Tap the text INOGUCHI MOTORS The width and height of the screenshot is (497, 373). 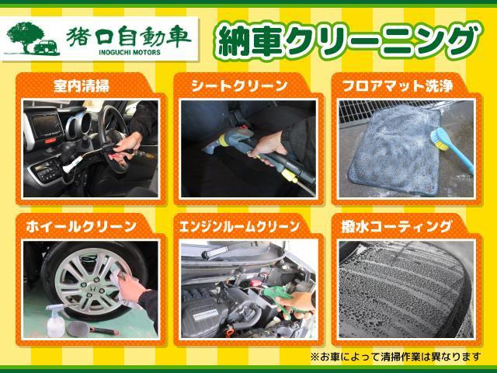[130, 52]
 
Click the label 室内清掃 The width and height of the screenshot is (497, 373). [81, 86]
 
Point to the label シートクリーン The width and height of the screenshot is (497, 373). [239, 86]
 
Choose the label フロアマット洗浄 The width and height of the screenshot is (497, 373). [398, 86]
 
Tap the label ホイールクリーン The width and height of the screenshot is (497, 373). [81, 227]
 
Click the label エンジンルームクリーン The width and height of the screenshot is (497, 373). [239, 226]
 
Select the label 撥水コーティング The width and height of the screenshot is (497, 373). [396, 226]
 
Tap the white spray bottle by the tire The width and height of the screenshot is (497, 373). [55, 320]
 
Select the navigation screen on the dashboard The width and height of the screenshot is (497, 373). [47, 124]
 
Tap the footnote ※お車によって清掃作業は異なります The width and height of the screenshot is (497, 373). [395, 357]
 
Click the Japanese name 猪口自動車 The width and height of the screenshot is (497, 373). [129, 36]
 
